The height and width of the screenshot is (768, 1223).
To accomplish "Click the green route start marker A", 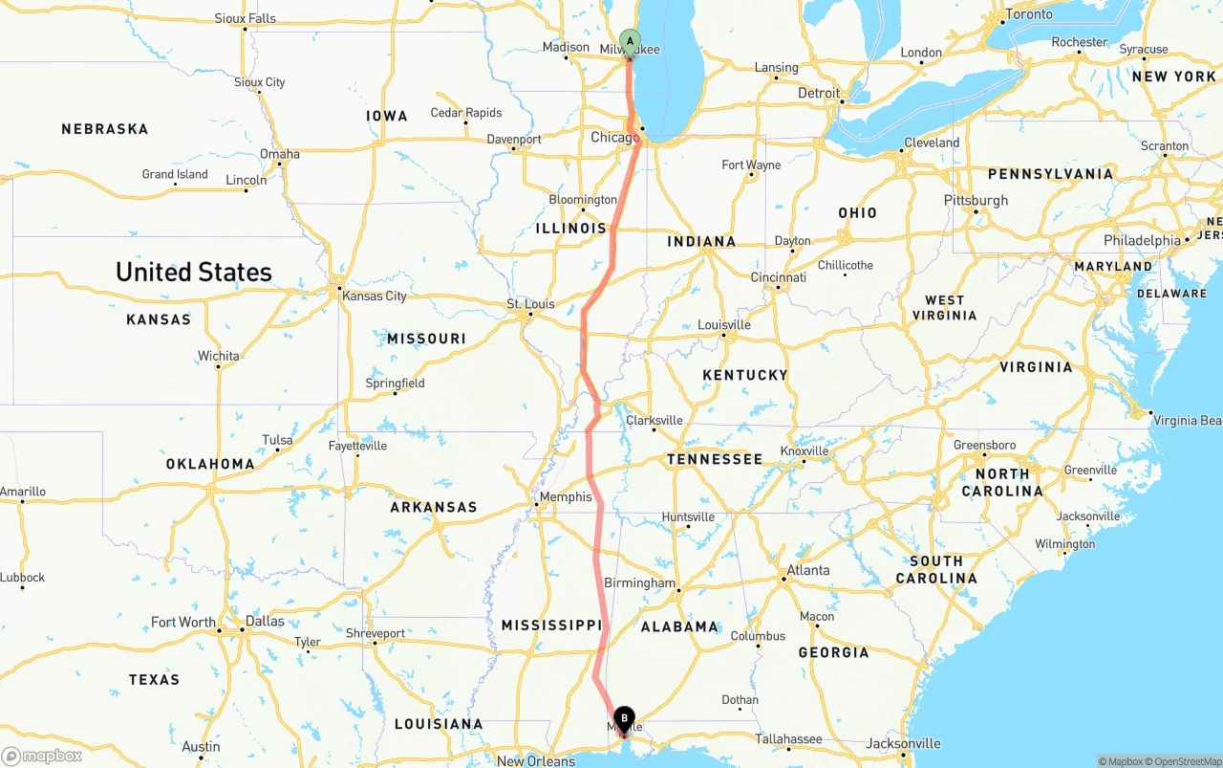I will [x=630, y=40].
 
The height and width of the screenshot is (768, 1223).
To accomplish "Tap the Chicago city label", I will [x=614, y=138].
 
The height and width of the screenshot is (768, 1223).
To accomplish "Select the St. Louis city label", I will [x=530, y=304].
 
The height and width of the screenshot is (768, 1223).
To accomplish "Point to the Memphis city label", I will [x=566, y=497].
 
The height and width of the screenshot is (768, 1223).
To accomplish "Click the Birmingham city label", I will [x=639, y=582].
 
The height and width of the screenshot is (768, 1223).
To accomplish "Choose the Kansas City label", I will [x=374, y=296].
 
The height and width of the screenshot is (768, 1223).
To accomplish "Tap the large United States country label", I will [x=194, y=273].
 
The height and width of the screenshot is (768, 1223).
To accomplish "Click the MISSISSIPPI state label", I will [x=551, y=625].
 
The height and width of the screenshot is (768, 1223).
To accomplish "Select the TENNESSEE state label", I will [x=715, y=459].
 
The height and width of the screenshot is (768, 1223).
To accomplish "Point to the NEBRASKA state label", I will [x=105, y=129].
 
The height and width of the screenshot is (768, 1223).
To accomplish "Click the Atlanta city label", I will [x=807, y=570].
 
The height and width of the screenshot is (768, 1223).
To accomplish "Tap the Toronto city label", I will [x=1028, y=14].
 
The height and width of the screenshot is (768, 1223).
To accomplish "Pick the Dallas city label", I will [x=265, y=621].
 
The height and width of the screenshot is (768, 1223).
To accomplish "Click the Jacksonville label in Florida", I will [x=903, y=743].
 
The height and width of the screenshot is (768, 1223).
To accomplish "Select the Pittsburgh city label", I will [x=976, y=200].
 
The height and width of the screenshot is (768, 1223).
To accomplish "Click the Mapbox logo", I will [x=42, y=757].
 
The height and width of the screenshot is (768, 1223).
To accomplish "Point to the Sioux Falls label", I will [x=246, y=18].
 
